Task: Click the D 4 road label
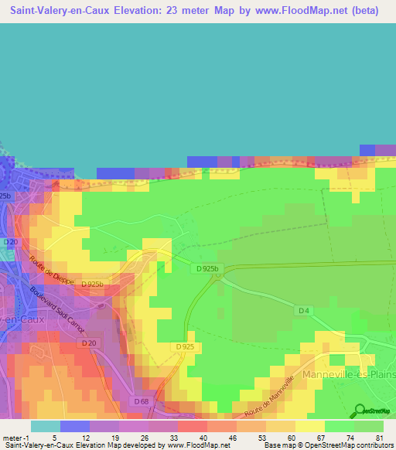(x=303, y=310)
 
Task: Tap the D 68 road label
(x=141, y=401)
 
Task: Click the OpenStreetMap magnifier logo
(x=360, y=410)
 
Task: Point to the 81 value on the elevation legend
(x=378, y=438)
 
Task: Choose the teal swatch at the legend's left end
(x=45, y=426)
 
